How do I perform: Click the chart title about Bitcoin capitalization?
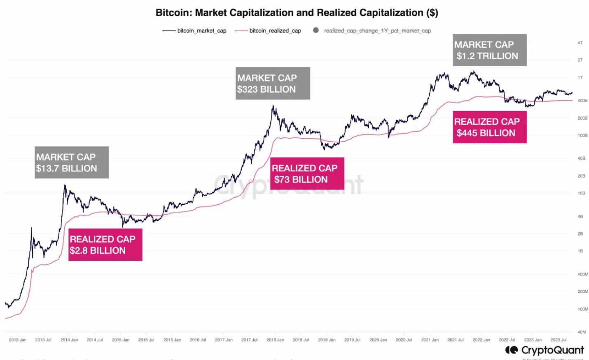tap(297, 13)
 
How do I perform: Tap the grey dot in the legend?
tap(316, 30)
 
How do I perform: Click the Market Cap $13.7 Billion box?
tap(72, 162)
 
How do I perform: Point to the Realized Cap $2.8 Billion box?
tap(105, 245)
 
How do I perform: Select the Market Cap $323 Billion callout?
tap(273, 83)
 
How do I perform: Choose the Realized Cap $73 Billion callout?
tap(307, 173)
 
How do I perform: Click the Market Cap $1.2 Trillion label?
tap(490, 50)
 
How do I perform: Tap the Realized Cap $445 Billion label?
tap(490, 127)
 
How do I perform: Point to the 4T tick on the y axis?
tap(580, 42)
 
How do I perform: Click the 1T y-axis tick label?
tap(580, 77)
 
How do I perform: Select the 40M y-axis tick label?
tap(581, 332)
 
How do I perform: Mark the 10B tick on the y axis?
tap(581, 193)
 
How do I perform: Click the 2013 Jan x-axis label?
tap(18, 340)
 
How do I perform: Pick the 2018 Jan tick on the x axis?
tap(275, 340)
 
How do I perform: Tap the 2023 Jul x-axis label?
tap(558, 340)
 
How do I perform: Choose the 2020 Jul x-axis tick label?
tap(404, 340)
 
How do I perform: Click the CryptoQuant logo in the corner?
tap(545, 350)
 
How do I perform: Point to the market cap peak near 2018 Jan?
tap(273, 106)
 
